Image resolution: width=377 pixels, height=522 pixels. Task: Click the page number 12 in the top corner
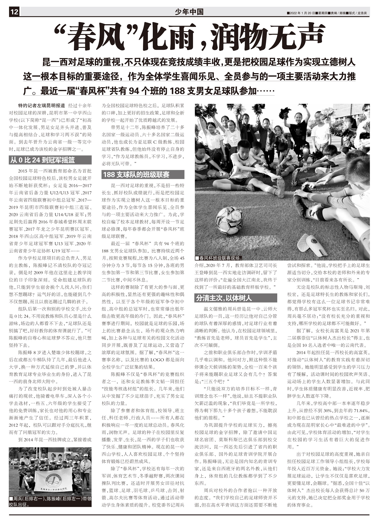[x=14, y=12]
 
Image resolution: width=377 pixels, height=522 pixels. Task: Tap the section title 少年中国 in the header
[x=189, y=12]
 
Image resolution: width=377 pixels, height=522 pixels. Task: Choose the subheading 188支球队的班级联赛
[x=136, y=174]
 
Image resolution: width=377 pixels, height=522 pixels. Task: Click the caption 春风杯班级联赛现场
[x=219, y=258]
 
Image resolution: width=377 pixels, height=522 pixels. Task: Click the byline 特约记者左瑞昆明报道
[x=41, y=105]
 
